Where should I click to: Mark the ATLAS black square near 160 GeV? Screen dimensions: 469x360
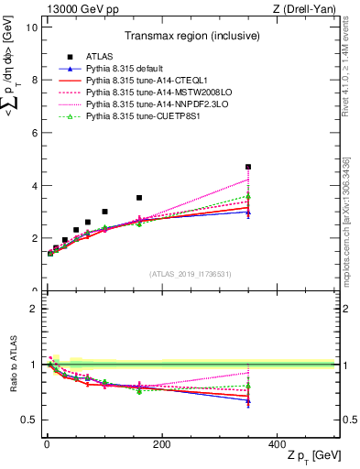pos(139,198)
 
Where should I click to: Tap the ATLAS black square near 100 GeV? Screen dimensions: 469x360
pos(104,212)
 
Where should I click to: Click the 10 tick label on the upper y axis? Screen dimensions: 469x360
pos(30,27)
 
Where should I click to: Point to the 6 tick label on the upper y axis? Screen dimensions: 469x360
pos(33,133)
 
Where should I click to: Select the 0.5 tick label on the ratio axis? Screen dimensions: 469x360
pos(28,420)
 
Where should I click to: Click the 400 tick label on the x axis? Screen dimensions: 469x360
pos(277,444)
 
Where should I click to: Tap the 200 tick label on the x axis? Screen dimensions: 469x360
pos(161,444)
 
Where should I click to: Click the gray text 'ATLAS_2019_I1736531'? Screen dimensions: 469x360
pos(189,274)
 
